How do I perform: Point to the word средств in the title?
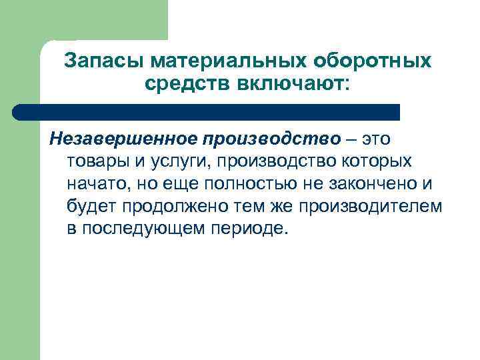point(184,84)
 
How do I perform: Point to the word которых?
point(379,161)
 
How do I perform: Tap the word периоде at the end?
point(256,229)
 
